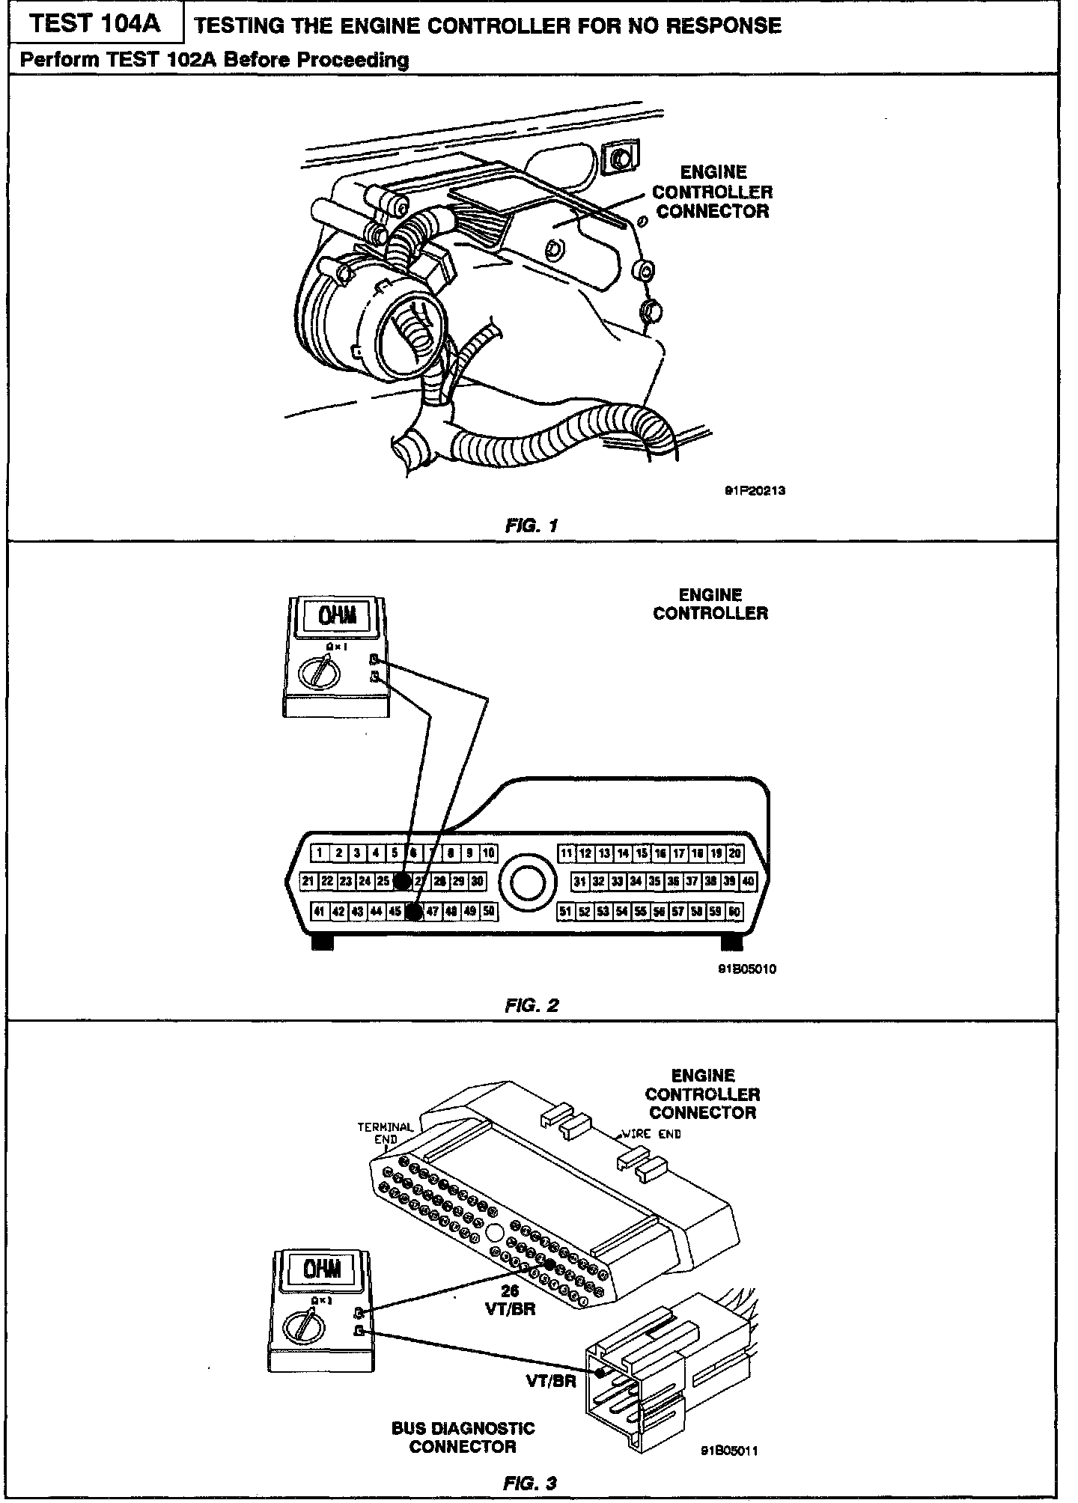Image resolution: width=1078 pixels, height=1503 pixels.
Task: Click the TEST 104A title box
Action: [97, 24]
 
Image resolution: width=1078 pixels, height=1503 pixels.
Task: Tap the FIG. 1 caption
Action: [532, 525]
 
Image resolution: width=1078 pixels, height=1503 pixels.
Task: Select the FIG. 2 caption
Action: [532, 1005]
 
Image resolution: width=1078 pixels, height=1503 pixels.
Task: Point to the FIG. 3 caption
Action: [531, 1483]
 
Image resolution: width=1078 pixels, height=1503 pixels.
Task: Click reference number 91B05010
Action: [746, 969]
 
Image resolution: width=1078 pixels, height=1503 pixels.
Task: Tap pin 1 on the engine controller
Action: [320, 853]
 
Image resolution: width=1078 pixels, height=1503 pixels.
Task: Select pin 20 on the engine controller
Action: [734, 853]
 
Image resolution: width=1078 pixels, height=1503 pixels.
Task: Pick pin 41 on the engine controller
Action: [320, 911]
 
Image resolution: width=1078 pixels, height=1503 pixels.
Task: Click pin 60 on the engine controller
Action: [734, 912]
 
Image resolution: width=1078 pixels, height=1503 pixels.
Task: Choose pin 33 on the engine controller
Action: [617, 882]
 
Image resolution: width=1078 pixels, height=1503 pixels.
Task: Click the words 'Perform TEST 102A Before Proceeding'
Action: [214, 60]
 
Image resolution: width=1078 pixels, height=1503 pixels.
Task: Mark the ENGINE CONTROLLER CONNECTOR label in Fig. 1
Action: [713, 192]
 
